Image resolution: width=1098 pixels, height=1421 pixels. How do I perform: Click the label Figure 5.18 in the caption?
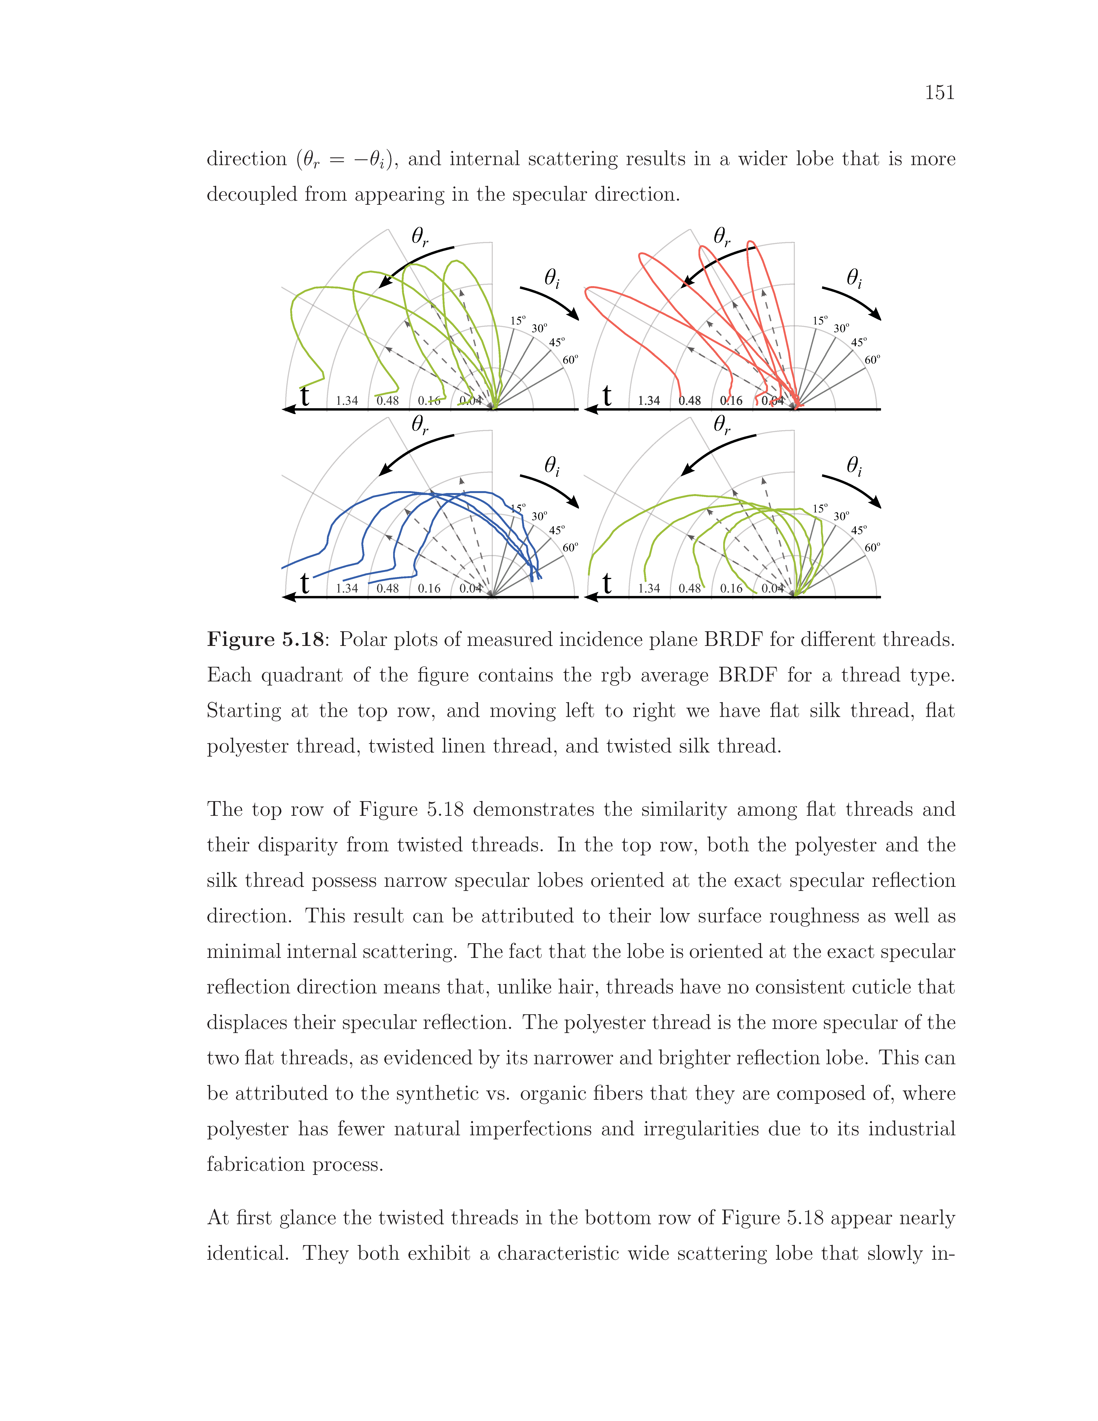(x=265, y=640)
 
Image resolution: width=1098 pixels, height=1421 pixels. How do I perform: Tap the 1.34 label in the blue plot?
(x=347, y=588)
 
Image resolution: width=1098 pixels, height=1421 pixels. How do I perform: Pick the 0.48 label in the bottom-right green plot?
(x=690, y=588)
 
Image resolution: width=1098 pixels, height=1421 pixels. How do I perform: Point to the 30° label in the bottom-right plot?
(x=841, y=516)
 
